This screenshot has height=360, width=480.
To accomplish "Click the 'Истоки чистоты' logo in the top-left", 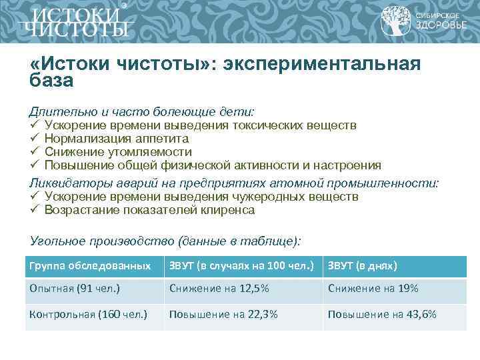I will coord(73,21).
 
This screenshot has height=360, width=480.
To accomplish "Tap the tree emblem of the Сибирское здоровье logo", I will coord(395,21).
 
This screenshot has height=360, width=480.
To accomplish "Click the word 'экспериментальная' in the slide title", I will coord(325,65).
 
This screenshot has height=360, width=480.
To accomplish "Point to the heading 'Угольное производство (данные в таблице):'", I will coord(165,241).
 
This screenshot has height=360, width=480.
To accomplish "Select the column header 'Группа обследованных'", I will coord(89,266).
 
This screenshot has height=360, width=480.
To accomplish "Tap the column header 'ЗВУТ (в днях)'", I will coord(362,266).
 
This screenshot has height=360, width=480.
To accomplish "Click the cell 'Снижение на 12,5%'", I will coord(219,289).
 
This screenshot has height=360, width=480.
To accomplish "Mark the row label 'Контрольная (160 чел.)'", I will coord(87,314).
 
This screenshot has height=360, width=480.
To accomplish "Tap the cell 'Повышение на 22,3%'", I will coord(223,314).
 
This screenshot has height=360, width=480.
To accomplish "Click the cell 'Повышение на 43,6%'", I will coord(381,314).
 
